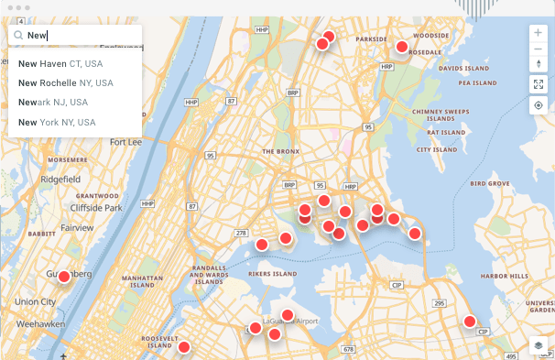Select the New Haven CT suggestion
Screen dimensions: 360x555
point(60,63)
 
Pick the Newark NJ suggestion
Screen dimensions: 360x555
point(53,103)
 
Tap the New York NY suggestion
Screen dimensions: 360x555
point(57,122)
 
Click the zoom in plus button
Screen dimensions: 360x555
point(538,32)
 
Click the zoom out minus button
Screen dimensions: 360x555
point(538,48)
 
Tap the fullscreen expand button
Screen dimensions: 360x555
point(538,83)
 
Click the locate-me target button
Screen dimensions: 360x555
point(538,104)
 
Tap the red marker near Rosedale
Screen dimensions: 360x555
point(401,47)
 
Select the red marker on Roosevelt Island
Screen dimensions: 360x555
point(184,347)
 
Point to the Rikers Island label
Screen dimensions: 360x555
point(273,273)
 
